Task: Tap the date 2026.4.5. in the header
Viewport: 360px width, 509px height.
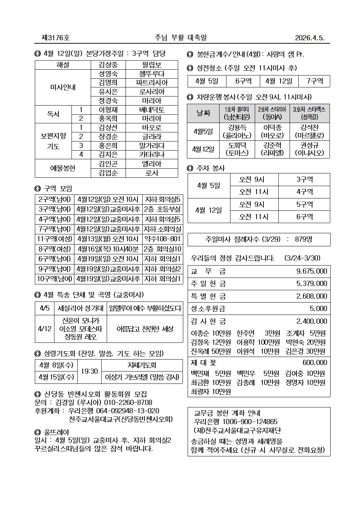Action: coord(310,38)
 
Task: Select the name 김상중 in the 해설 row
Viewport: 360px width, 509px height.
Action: coord(108,65)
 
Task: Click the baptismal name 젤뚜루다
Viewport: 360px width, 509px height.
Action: coord(152,74)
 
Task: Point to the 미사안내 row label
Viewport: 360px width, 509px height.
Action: coord(63,87)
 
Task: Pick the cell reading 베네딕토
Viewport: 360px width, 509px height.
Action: coord(152,110)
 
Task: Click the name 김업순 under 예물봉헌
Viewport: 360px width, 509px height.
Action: coord(108,173)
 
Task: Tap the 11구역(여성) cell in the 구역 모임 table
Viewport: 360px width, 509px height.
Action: coord(54,239)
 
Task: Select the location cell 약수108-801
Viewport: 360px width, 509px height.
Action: coord(163,239)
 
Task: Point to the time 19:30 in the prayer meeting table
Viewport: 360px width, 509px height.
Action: coord(89,371)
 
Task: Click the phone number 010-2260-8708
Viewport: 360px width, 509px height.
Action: coord(128,403)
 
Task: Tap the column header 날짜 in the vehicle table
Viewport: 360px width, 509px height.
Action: coord(203,113)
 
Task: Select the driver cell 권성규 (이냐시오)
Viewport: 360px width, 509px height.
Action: coord(310,149)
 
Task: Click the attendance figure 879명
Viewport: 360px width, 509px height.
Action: coord(304,239)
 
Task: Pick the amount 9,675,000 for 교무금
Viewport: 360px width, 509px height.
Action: coord(311,271)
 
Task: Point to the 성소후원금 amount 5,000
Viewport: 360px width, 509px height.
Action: coord(318,309)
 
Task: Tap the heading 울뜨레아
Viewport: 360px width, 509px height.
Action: coord(56,432)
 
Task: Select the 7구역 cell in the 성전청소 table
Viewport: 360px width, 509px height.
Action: coord(314,81)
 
